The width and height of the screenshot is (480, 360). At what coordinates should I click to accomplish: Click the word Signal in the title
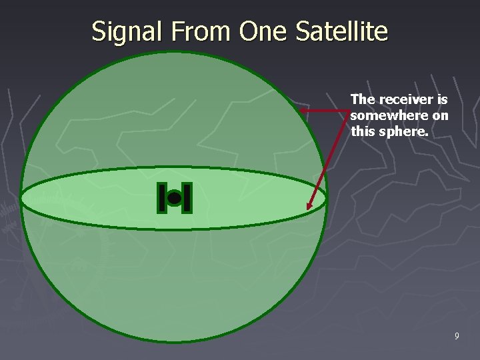coord(121,31)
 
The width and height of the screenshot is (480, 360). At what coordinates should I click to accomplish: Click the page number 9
coord(456,336)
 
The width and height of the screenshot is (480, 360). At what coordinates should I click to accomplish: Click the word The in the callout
coord(363,99)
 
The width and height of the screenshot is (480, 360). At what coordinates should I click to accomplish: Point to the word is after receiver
coord(442,99)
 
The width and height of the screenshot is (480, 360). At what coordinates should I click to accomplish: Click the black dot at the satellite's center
coord(174,198)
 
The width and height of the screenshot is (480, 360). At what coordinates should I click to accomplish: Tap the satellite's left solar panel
coord(161,198)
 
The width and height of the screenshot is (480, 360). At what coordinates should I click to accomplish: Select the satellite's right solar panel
coord(187,198)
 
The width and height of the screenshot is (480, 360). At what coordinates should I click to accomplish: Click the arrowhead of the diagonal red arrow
coord(309,207)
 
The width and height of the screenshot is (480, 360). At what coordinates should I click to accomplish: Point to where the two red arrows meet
coord(349,110)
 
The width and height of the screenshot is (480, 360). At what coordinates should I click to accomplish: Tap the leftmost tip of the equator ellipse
coord(21,199)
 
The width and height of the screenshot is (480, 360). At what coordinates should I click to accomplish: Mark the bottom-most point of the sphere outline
coord(174,342)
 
